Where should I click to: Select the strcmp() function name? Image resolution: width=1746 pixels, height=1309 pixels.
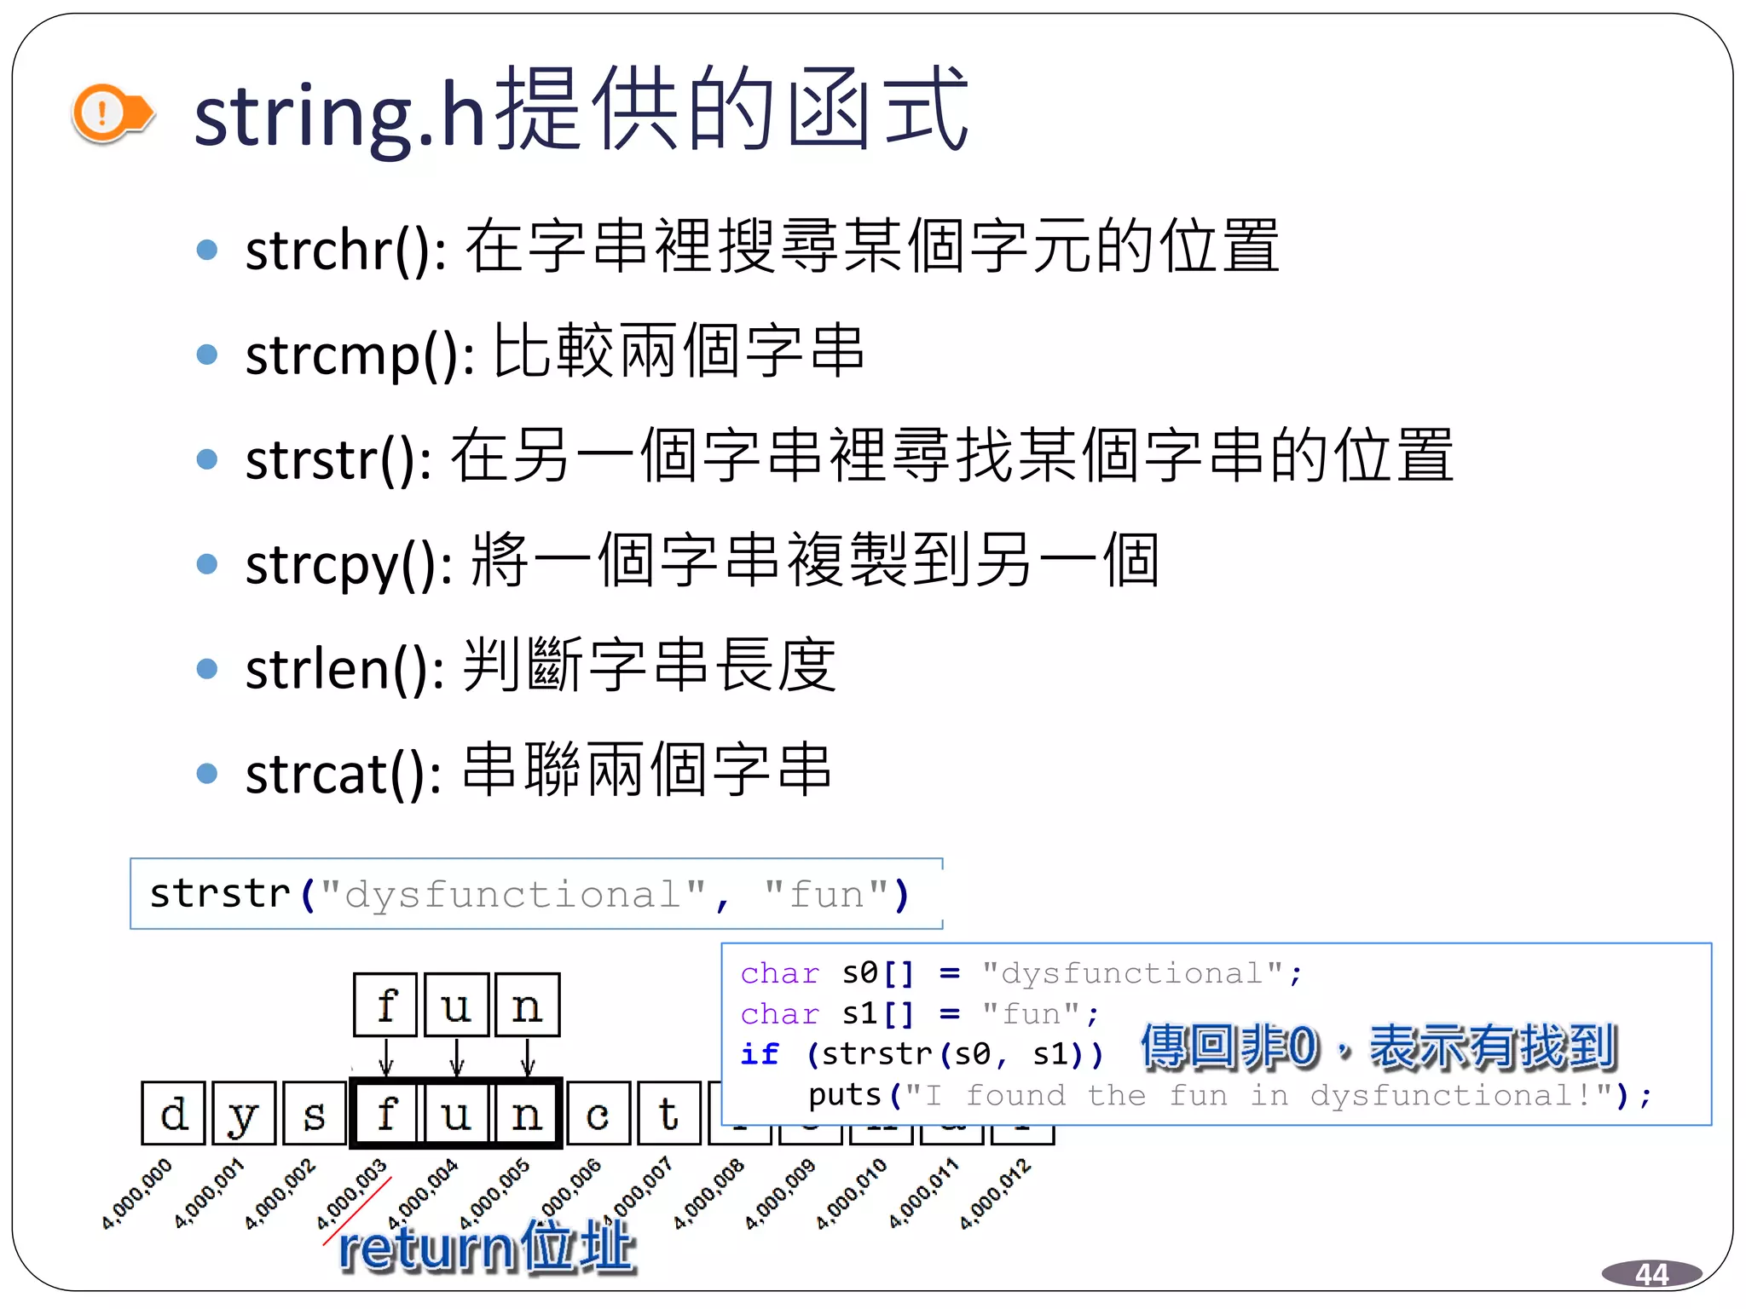[x=359, y=355]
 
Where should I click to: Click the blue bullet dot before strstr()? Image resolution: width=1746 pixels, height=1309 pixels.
[x=207, y=459]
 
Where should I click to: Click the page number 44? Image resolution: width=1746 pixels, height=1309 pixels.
[x=1651, y=1274]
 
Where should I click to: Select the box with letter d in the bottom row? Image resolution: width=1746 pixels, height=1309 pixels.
[x=174, y=1113]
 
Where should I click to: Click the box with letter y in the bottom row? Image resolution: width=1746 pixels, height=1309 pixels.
[x=245, y=1113]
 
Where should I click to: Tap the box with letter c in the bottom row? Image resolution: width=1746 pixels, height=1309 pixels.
[x=598, y=1113]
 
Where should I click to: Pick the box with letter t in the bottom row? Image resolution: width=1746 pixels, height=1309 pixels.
[x=669, y=1113]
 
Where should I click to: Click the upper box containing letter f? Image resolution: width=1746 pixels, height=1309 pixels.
[x=386, y=1006]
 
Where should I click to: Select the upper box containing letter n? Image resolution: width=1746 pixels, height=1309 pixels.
[x=528, y=1006]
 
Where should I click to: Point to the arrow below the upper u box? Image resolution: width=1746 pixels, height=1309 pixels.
[x=457, y=1058]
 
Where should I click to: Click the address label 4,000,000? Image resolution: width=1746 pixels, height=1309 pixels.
[x=136, y=1193]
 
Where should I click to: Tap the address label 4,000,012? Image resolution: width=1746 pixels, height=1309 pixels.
[x=995, y=1193]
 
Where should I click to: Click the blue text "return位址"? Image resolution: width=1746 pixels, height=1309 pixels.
[x=487, y=1248]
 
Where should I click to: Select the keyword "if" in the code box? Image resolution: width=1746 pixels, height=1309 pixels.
[x=759, y=1054]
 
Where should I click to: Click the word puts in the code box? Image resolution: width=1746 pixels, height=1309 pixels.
[x=843, y=1095]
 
